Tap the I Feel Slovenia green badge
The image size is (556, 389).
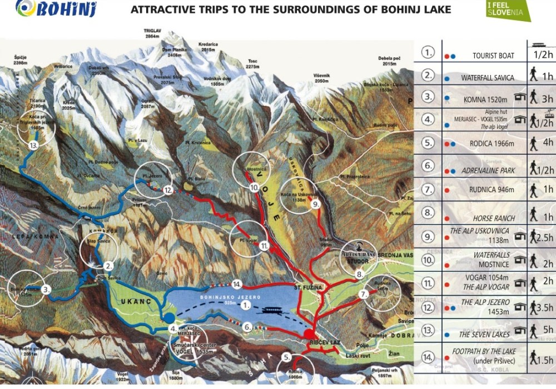[x=508, y=10]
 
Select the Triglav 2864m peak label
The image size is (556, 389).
[x=152, y=33]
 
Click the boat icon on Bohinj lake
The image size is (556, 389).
[x=272, y=311]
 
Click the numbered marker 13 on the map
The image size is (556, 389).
[x=34, y=146]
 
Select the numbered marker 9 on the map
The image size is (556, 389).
[x=315, y=204]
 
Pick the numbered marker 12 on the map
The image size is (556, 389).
[x=168, y=190]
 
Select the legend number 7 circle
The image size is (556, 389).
[x=428, y=190]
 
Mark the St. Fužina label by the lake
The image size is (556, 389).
[x=306, y=287]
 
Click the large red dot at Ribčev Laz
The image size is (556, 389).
[x=309, y=334]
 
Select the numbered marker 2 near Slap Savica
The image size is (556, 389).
[x=110, y=266]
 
